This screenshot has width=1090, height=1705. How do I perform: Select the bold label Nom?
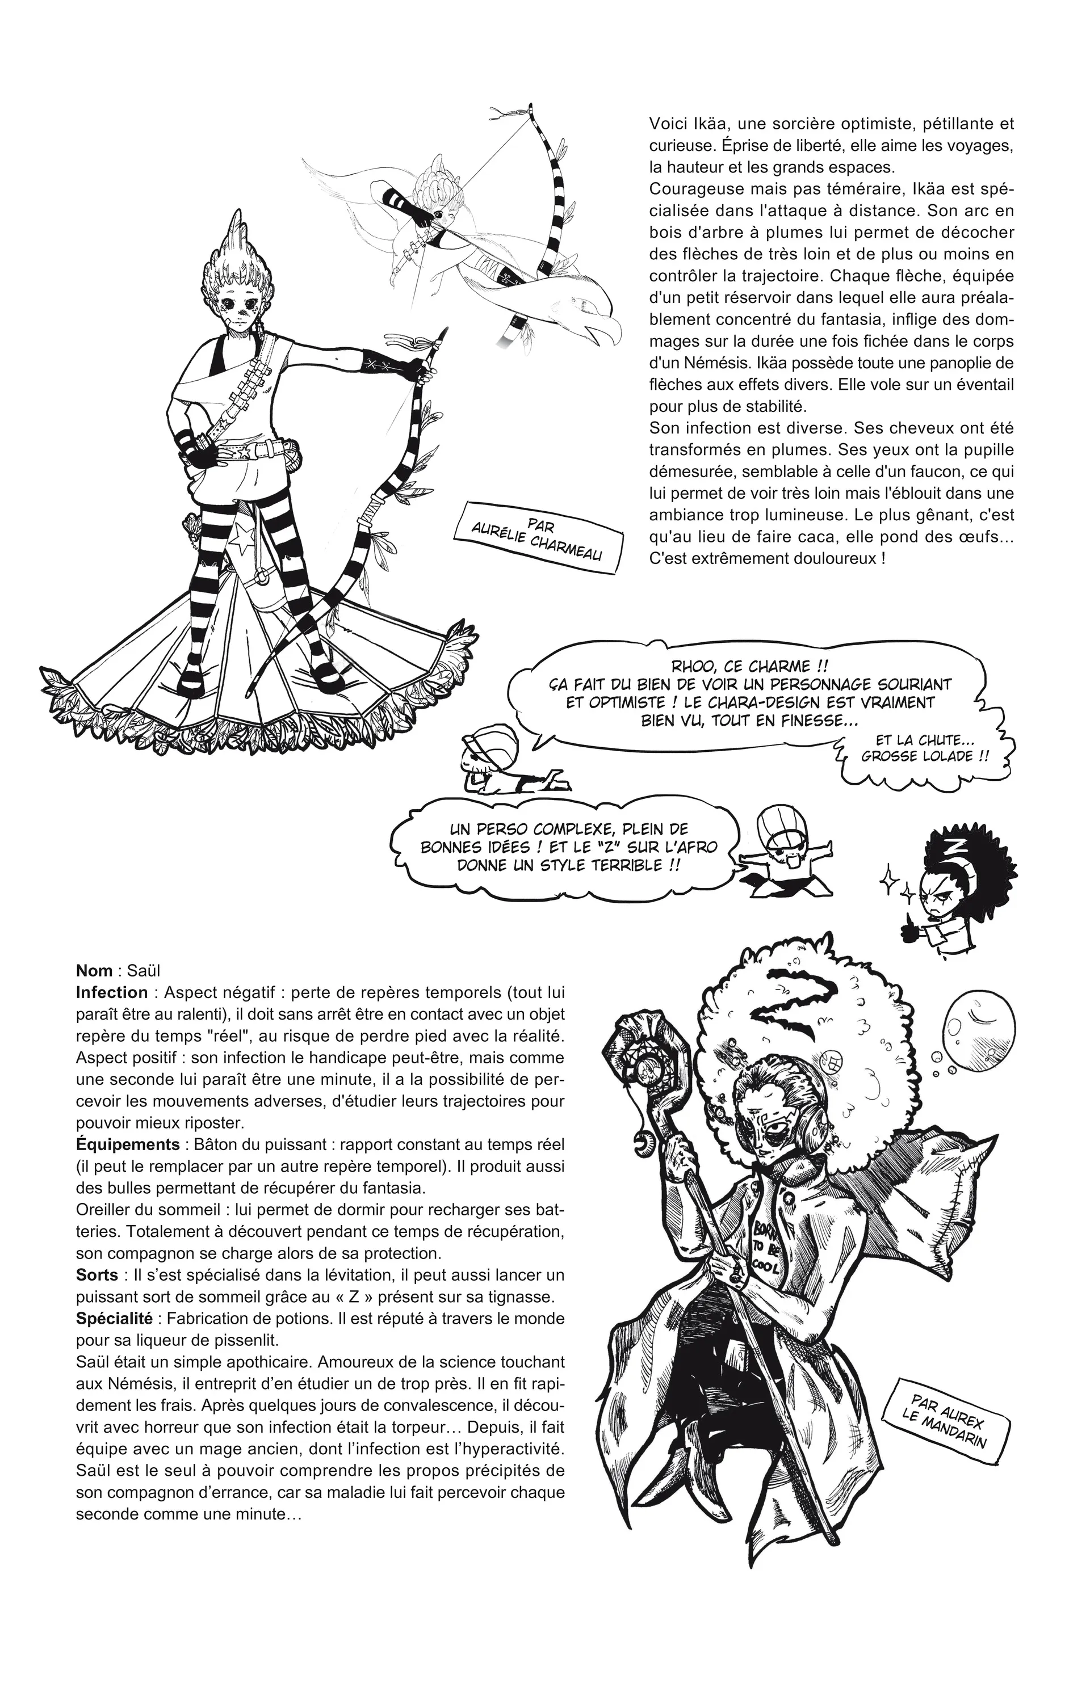(x=94, y=971)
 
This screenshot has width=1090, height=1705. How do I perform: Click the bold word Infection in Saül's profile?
(x=112, y=993)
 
